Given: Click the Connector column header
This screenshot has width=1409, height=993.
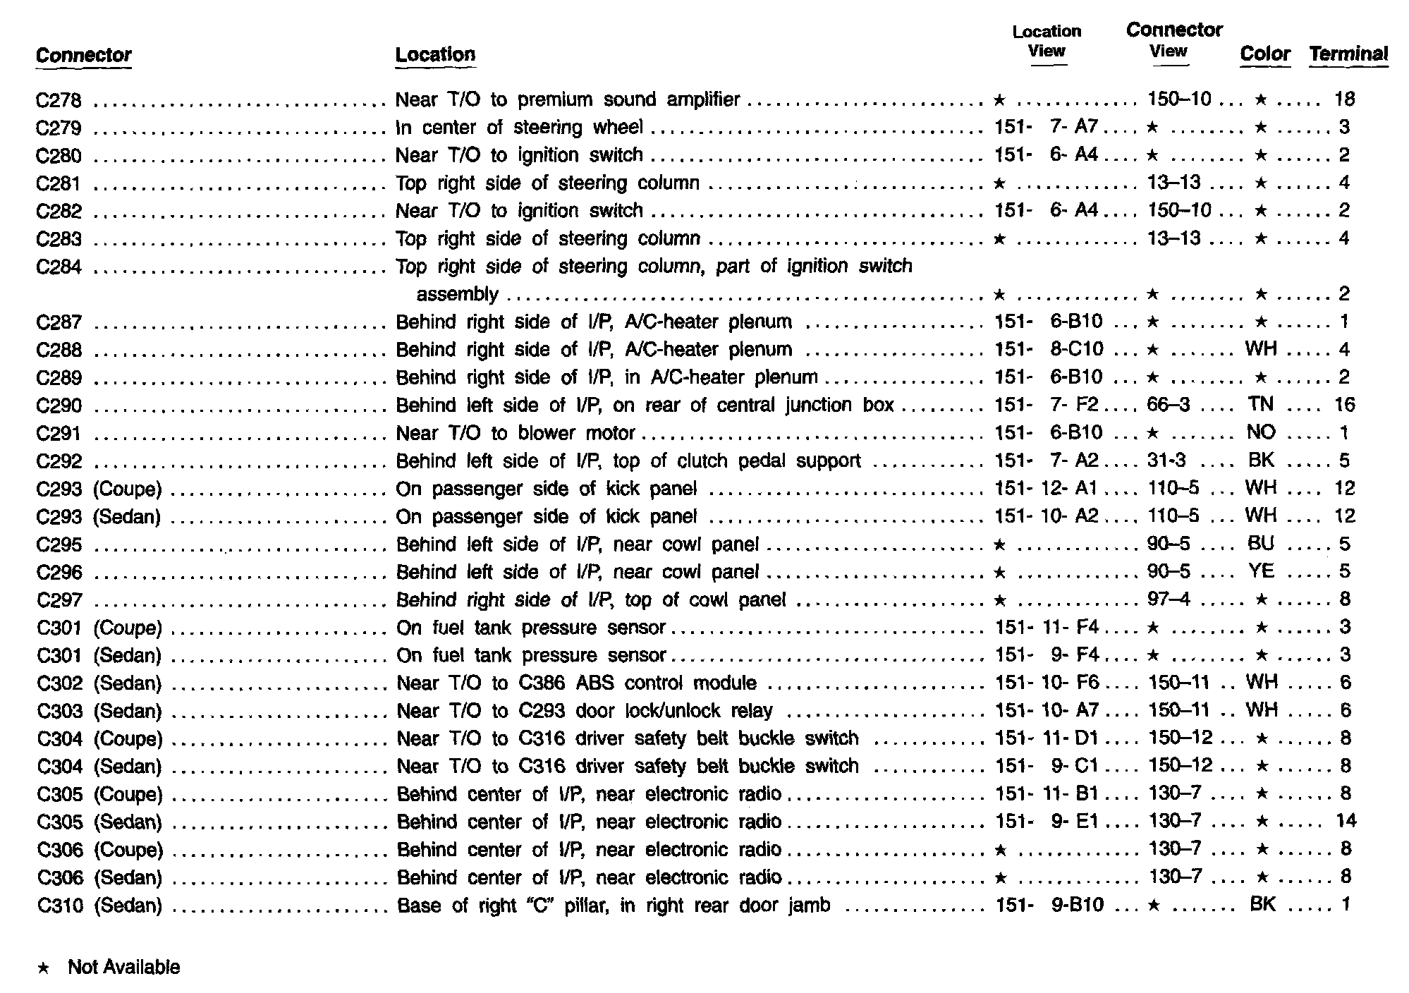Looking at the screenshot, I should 83,55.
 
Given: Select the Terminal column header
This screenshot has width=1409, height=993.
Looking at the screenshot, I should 1348,54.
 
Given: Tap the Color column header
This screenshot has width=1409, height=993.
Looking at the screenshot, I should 1264,54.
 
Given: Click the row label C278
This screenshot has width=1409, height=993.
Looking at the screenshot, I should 59,100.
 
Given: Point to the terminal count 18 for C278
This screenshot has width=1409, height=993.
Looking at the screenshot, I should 1344,99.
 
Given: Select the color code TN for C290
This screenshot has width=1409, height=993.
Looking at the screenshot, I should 1260,404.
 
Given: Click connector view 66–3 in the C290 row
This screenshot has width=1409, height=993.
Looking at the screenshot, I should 1169,405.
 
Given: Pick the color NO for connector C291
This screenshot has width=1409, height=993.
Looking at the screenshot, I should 1261,432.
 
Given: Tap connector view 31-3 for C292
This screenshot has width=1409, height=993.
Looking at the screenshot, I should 1166,461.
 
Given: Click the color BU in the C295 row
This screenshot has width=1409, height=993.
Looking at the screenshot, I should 1261,544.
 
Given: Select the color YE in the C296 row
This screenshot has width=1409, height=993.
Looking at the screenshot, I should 1261,571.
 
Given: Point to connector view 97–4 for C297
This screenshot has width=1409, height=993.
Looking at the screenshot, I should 1169,599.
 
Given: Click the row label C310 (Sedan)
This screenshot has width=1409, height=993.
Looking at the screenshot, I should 99,906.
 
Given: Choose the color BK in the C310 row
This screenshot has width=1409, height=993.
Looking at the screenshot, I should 1262,904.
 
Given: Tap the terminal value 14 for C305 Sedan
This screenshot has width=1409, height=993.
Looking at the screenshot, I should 1346,821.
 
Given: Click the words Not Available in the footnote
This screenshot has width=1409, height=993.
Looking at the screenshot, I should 123,967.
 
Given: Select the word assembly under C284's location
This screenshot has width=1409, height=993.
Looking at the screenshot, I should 457,294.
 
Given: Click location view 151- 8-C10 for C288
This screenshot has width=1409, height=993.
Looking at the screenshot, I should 1049,349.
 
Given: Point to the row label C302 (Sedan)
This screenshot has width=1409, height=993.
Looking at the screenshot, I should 99,683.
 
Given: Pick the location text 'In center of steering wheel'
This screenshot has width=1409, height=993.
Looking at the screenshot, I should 519,127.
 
